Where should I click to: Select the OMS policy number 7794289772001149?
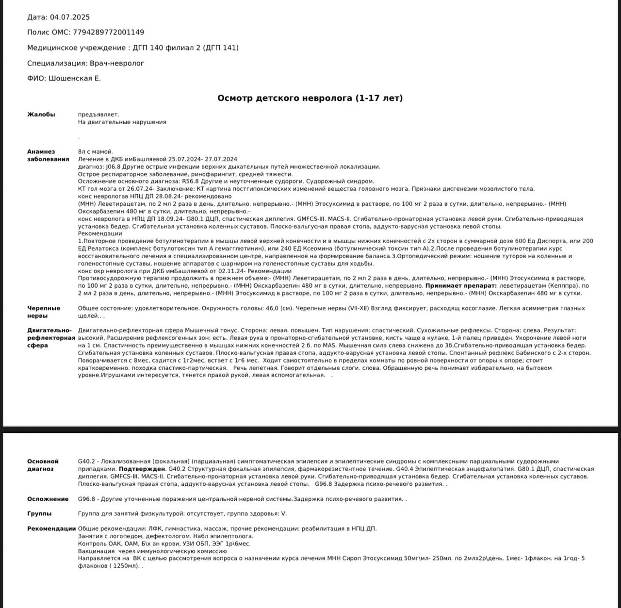[x=108, y=33]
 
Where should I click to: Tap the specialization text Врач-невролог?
[x=117, y=64]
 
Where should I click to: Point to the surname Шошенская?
[x=70, y=79]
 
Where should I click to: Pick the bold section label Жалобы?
[x=41, y=115]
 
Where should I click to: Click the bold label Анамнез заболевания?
[x=48, y=155]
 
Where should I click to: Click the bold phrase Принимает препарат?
[x=461, y=286]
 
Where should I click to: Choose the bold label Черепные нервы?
[x=44, y=312]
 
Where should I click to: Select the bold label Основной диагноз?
[x=43, y=465]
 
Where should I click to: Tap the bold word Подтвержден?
[x=142, y=469]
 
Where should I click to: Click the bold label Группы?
[x=39, y=514]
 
